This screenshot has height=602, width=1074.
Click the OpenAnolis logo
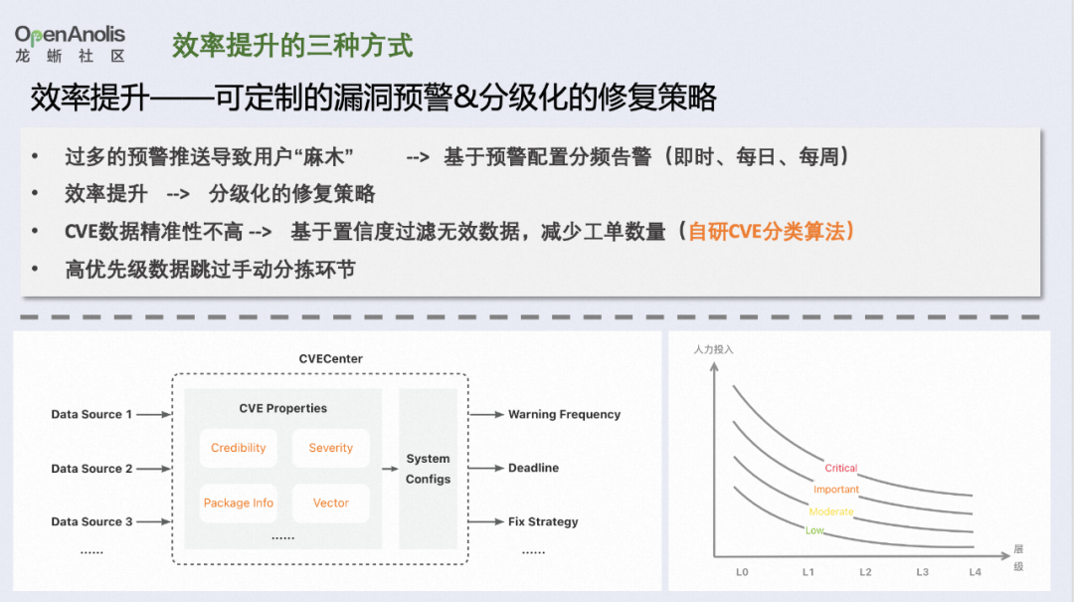click(70, 44)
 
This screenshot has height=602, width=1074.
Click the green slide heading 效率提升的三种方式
click(291, 46)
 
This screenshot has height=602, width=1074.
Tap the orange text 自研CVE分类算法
click(766, 232)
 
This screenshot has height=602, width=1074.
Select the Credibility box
click(239, 448)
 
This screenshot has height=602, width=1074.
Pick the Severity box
click(331, 448)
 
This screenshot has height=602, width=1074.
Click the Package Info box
click(239, 502)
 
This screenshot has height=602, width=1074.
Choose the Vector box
click(331, 502)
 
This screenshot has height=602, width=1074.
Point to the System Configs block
click(428, 469)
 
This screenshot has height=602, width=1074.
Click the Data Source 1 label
click(91, 414)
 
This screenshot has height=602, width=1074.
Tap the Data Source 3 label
click(91, 521)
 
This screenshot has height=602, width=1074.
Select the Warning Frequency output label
click(565, 414)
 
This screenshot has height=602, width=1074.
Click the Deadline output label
click(534, 468)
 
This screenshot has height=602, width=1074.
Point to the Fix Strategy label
click(543, 521)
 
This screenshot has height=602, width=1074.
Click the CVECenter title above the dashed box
click(331, 358)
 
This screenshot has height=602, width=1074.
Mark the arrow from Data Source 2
click(153, 469)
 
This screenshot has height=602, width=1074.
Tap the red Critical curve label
click(841, 468)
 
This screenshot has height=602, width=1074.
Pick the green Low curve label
click(814, 530)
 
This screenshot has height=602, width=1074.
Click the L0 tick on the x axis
click(742, 572)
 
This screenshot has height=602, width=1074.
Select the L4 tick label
click(976, 572)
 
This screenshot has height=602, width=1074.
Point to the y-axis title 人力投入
click(713, 349)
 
